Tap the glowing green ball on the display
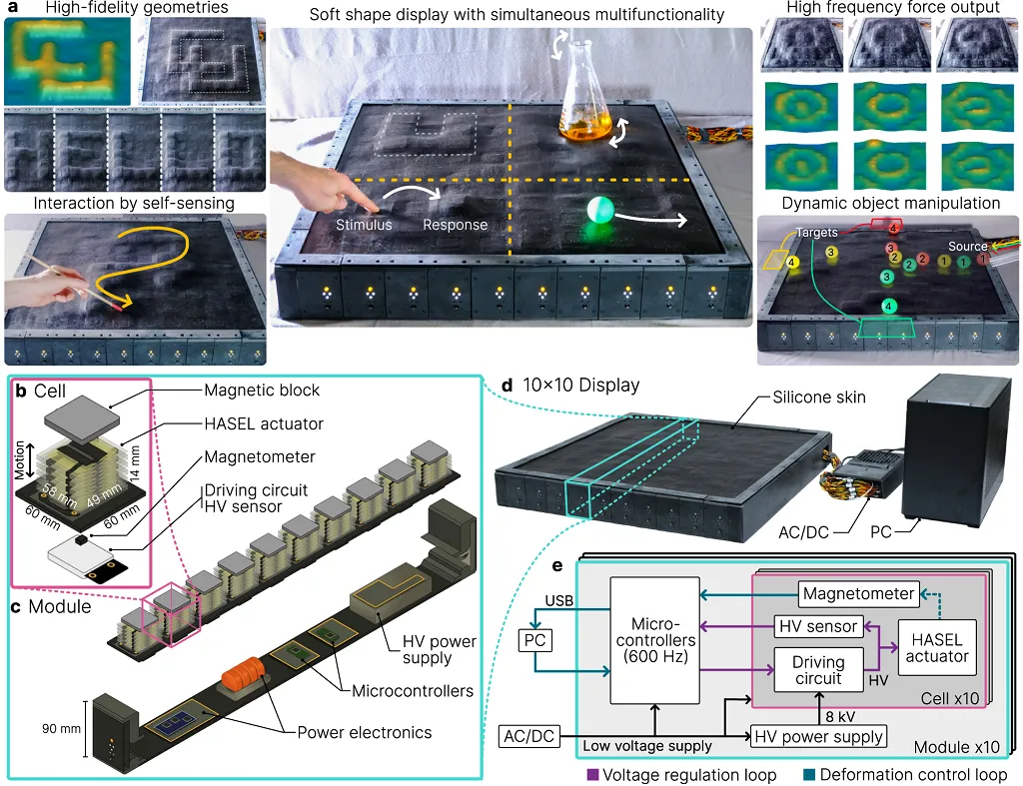(x=600, y=210)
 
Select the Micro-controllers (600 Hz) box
(x=654, y=640)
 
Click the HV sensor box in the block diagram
(x=818, y=626)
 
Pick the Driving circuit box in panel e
(x=818, y=670)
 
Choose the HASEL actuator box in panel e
(x=937, y=648)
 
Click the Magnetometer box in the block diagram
(x=858, y=593)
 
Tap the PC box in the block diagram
(x=535, y=640)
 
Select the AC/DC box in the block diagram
(x=529, y=736)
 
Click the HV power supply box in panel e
(x=818, y=736)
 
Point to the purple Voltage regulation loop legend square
(x=593, y=774)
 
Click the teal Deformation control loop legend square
(x=809, y=774)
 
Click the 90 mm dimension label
(x=61, y=729)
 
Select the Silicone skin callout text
(x=819, y=397)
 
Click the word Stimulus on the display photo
(x=364, y=225)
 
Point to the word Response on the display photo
(x=455, y=225)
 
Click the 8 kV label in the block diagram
(x=839, y=716)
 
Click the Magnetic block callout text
(x=262, y=391)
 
